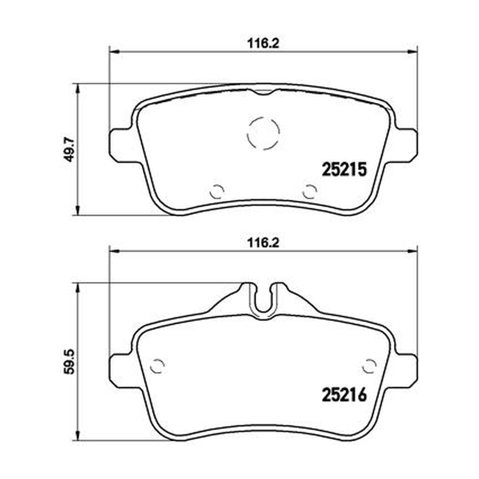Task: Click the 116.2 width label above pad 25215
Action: point(263,44)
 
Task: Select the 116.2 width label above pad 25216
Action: point(263,243)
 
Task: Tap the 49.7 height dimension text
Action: point(70,149)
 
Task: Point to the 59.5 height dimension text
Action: point(70,362)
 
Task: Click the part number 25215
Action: point(344,169)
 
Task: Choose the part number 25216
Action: point(344,395)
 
